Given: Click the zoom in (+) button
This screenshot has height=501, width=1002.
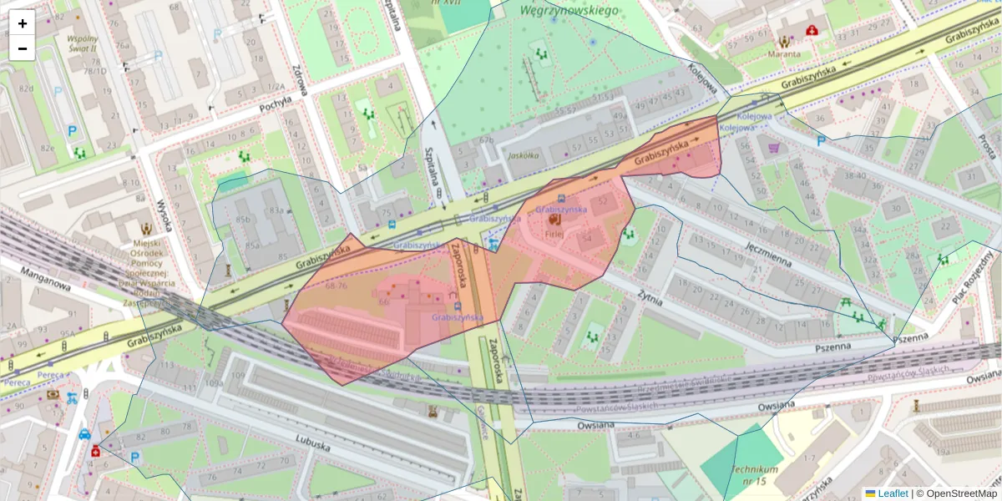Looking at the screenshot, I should point(22,23).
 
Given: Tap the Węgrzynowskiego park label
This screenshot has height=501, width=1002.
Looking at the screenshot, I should point(568,11).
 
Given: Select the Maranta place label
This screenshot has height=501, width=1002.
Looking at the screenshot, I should point(784,54).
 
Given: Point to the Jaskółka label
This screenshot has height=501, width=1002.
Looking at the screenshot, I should point(521,155).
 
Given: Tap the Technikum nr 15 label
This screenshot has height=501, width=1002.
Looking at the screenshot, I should point(755,475).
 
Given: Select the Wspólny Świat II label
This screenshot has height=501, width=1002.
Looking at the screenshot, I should point(82,43).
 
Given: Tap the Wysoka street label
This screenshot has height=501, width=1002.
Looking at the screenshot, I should point(165,215).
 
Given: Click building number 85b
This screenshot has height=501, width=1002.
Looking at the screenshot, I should point(243,220).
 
